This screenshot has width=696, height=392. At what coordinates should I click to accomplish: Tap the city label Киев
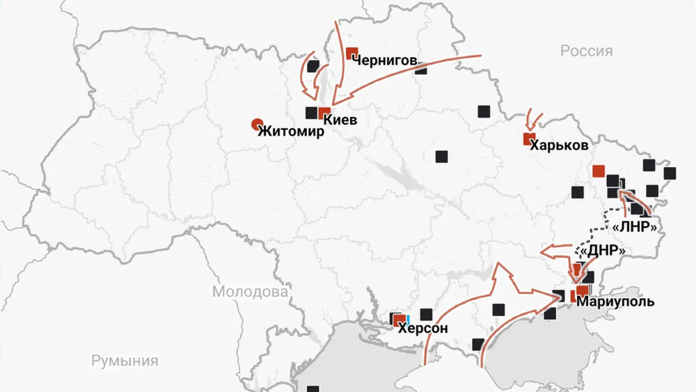click(x=340, y=120)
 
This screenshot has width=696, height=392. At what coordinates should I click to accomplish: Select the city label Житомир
click(x=291, y=131)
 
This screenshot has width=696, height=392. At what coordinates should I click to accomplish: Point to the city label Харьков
click(x=558, y=146)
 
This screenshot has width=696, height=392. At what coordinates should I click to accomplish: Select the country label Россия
click(x=586, y=52)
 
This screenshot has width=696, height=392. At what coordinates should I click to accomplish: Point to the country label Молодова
click(x=250, y=292)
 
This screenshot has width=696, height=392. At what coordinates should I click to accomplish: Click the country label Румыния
click(x=125, y=361)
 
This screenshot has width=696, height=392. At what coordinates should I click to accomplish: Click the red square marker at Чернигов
click(x=351, y=53)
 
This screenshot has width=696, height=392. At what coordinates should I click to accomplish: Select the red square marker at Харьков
click(x=529, y=139)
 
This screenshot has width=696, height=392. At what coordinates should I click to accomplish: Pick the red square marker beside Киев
click(x=324, y=113)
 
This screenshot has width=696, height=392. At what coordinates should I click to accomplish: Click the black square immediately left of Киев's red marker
click(x=311, y=113)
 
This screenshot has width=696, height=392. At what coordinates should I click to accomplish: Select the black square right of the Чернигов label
click(x=422, y=68)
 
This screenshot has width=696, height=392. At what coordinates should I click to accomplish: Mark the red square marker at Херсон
click(x=399, y=321)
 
